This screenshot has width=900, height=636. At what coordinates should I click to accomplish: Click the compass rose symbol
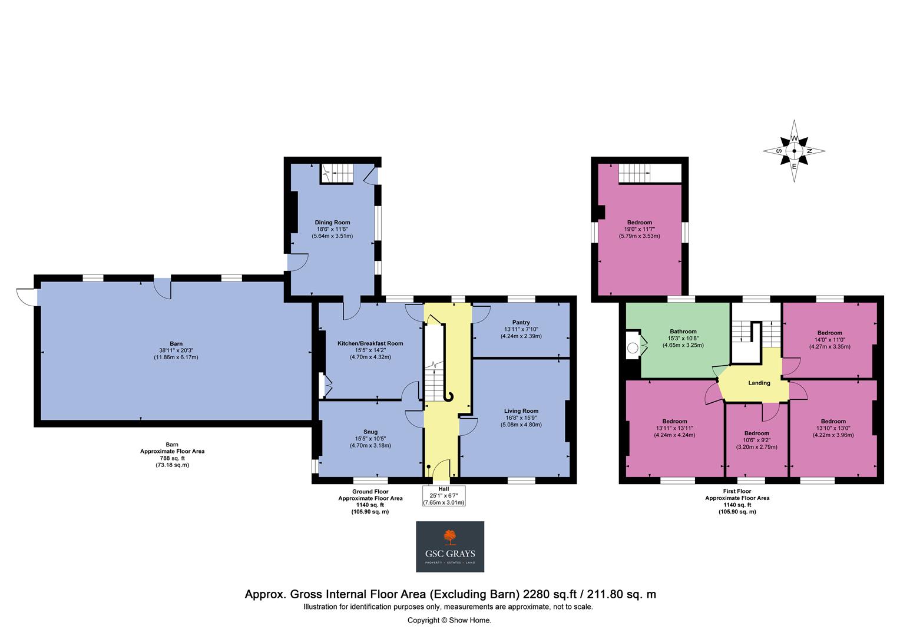point(794,151)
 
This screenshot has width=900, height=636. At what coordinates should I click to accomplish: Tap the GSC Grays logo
point(450,546)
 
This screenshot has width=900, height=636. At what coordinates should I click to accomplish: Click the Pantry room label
point(521,322)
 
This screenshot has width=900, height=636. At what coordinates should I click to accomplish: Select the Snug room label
point(370,432)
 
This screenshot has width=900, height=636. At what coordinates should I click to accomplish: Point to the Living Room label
point(521,411)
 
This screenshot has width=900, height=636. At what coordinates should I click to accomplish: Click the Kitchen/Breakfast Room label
point(370,343)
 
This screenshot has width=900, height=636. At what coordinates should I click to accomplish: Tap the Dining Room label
point(332,223)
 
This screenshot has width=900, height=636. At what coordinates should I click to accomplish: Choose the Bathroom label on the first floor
point(683,332)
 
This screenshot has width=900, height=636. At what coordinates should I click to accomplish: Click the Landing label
point(759,383)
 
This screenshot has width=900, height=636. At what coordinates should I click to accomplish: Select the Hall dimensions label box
point(444,496)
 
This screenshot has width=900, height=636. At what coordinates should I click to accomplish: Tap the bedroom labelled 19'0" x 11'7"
point(639,229)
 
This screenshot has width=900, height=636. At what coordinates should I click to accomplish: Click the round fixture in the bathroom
point(633,348)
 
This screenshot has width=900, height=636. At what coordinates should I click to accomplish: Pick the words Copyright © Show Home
point(449,620)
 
